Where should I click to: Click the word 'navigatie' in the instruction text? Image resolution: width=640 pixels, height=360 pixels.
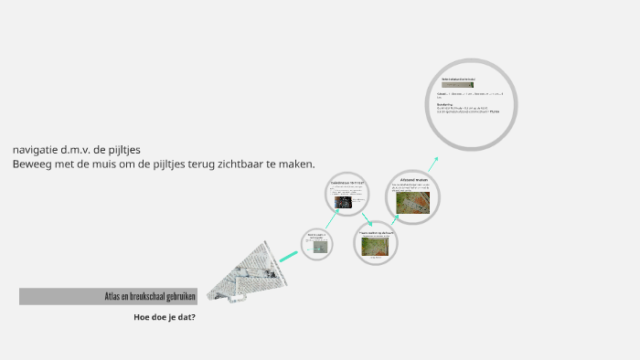point(34,149)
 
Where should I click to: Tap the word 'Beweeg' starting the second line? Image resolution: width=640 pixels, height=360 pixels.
point(31,164)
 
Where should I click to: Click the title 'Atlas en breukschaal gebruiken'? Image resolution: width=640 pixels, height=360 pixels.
point(150,296)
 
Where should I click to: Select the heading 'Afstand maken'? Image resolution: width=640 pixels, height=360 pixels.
point(407,180)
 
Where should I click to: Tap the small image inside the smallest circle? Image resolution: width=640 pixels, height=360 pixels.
point(315,246)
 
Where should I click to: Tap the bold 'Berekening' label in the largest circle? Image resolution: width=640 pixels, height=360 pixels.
point(445,104)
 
